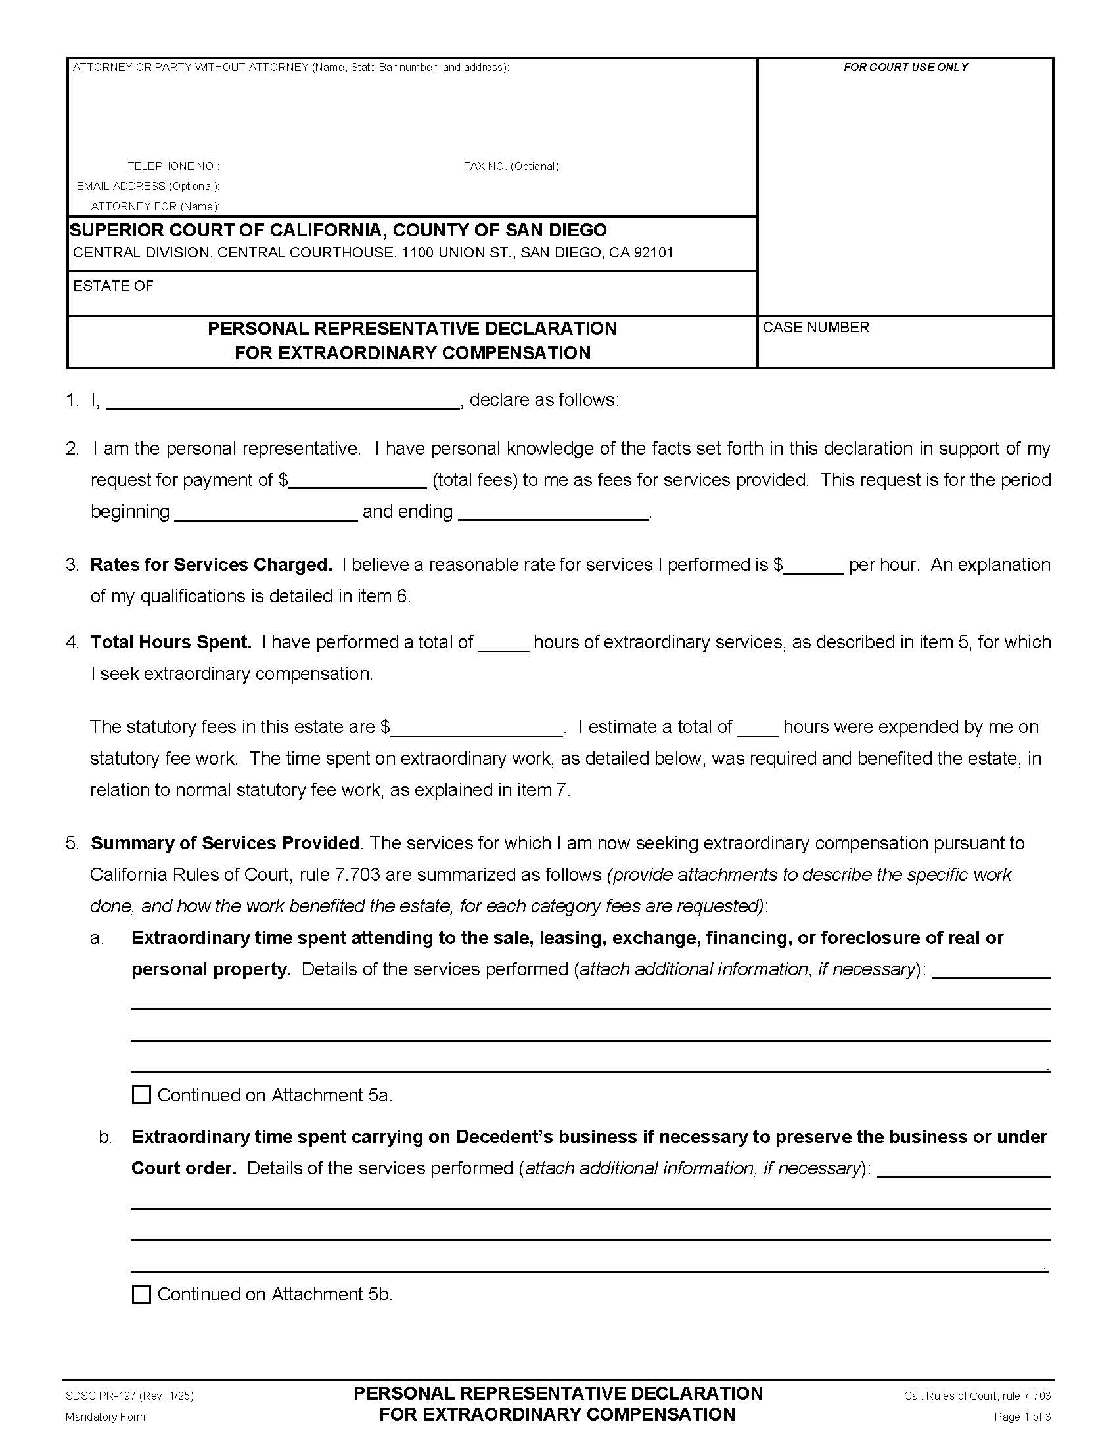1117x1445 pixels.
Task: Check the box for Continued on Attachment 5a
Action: pos(142,1095)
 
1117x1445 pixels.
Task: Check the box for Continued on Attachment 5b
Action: pos(142,1294)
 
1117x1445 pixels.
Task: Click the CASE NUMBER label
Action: pos(815,328)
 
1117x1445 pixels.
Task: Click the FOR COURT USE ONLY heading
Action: pos(905,67)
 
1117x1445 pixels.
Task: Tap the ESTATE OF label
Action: pos(113,286)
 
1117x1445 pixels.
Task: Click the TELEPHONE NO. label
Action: pos(173,166)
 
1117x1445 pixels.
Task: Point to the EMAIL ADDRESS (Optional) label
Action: pos(148,186)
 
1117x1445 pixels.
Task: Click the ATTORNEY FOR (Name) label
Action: pos(156,206)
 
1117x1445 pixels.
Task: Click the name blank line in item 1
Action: pos(283,401)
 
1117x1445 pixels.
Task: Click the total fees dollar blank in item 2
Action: pos(358,480)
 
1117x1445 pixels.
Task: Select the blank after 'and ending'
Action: pos(553,512)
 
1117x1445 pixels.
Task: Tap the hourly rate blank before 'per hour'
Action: pos(813,566)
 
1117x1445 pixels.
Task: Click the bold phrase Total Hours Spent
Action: pos(171,642)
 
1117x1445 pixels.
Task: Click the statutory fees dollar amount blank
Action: pos(476,728)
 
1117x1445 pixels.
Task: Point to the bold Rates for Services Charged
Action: pos(211,564)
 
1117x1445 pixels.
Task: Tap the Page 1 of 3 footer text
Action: pos(1022,1417)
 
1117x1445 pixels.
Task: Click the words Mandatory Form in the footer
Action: pos(105,1417)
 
